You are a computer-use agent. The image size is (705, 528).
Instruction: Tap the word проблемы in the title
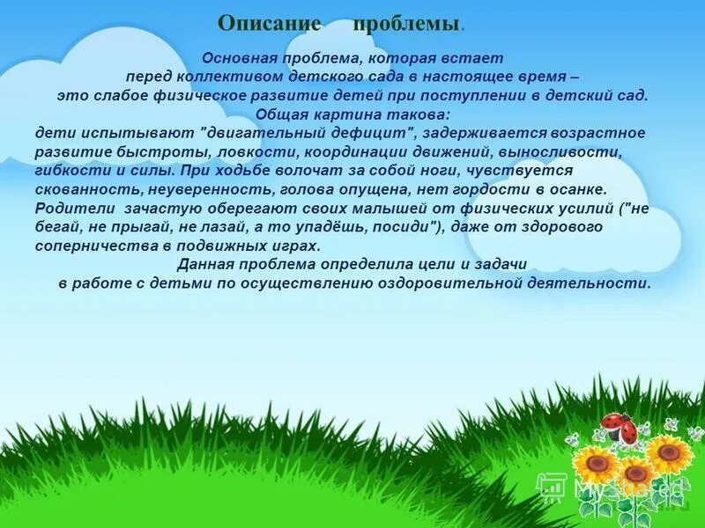406,24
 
